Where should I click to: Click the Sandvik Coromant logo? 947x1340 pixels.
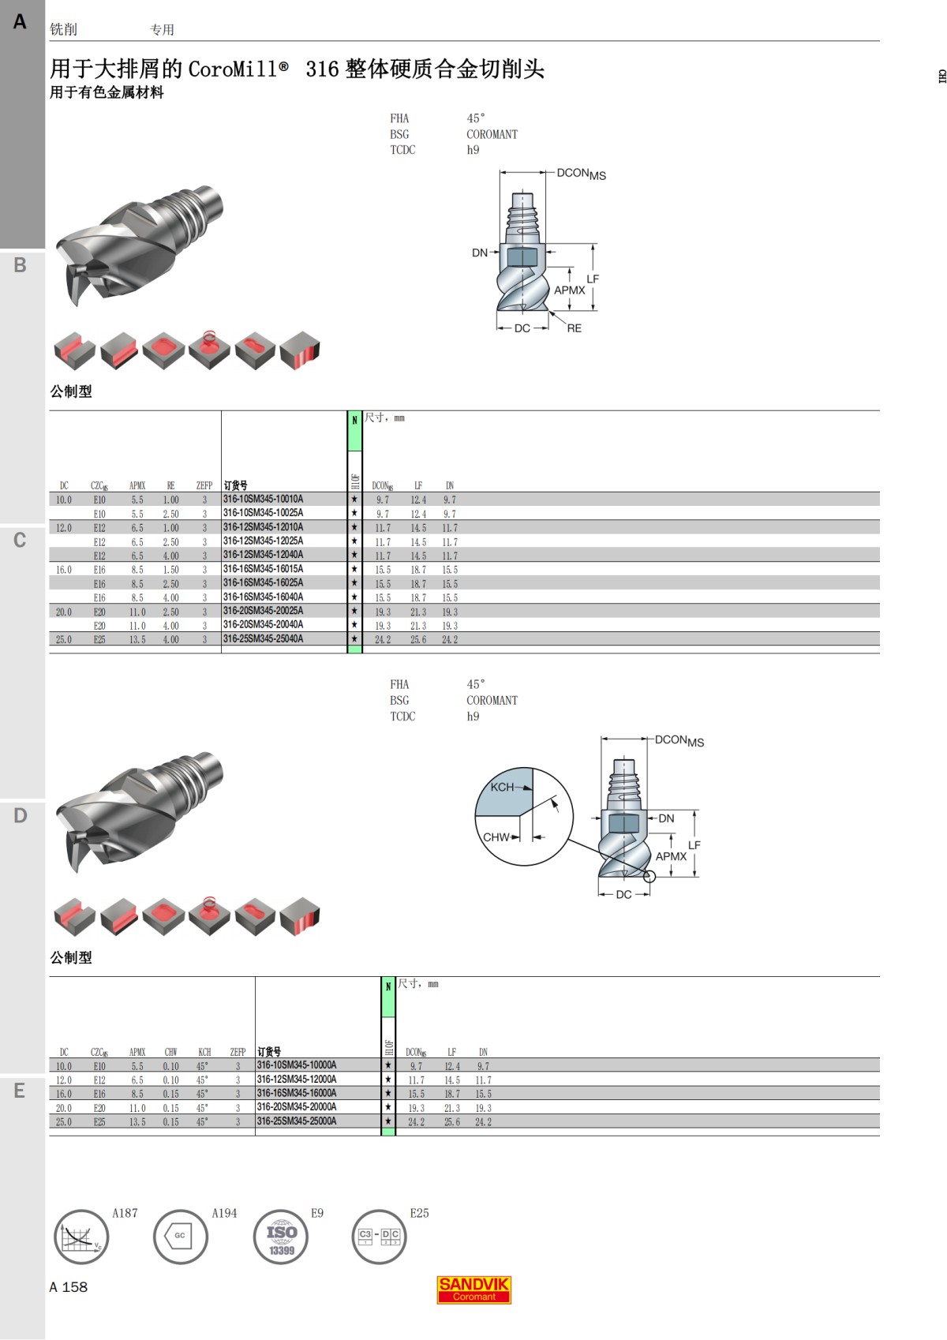[473, 1289]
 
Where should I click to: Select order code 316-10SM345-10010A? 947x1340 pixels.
[263, 499]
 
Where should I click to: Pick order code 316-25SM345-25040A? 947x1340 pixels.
[263, 638]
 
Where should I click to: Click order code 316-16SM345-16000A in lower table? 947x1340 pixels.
[297, 1093]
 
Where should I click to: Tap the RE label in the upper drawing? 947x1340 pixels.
[574, 328]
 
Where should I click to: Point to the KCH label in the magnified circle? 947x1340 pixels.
[502, 787]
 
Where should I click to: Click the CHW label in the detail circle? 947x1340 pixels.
[496, 837]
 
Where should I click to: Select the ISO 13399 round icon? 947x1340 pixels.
[281, 1237]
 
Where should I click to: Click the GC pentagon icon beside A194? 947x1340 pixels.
[180, 1236]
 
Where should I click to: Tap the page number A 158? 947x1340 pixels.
[69, 1287]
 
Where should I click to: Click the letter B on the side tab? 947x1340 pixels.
[21, 265]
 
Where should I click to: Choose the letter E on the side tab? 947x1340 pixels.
[21, 1091]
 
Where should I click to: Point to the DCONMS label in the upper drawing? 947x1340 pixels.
[581, 174]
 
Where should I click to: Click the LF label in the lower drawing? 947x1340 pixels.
[694, 845]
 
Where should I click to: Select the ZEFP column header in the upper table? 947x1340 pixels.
[204, 485]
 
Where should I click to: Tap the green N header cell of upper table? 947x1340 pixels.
[354, 430]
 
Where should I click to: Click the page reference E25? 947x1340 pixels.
[419, 1213]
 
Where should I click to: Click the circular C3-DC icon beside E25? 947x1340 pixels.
[379, 1236]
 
